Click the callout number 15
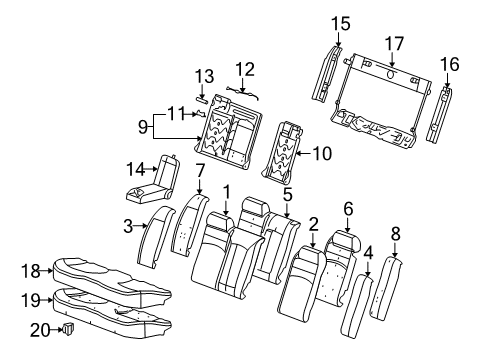point(340,24)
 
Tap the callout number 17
point(394,44)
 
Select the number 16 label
point(450,64)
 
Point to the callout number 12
point(245,69)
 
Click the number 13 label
point(204,76)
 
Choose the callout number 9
point(143,127)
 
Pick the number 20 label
point(40,331)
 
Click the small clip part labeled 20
point(69,328)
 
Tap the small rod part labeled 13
point(202,98)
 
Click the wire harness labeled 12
point(243,92)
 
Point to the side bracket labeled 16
point(439,114)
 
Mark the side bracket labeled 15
point(327,74)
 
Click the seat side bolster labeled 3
point(156,237)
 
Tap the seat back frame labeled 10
point(283,152)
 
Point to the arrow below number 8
point(395,250)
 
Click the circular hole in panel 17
point(391,73)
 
